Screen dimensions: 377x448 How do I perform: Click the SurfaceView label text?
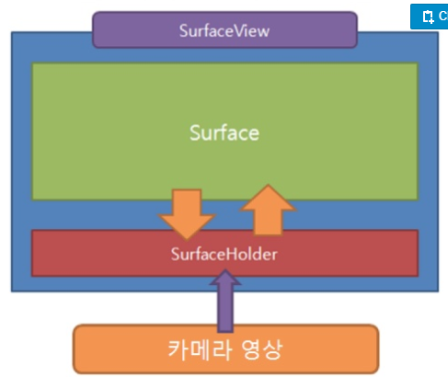coord(224,30)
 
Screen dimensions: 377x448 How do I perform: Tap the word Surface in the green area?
coord(224,131)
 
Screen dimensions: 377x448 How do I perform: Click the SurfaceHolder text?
coord(224,252)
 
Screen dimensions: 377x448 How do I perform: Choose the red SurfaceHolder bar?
coord(101,253)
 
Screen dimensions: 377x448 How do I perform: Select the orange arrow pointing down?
coord(187,211)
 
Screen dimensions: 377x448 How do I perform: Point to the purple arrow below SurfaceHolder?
coord(224,308)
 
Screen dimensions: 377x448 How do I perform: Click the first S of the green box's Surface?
coord(195,132)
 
